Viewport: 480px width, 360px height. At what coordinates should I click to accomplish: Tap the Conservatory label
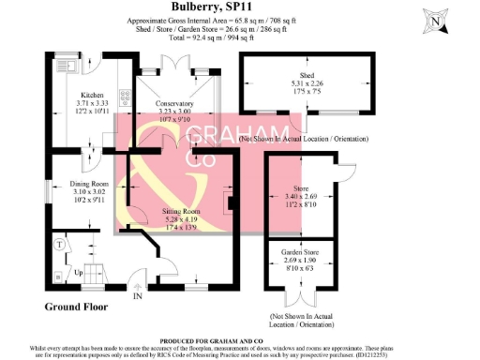pos(173,103)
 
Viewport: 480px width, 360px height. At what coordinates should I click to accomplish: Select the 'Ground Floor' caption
pos(76,307)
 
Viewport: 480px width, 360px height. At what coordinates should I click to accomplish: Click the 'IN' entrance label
pos(138,296)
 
